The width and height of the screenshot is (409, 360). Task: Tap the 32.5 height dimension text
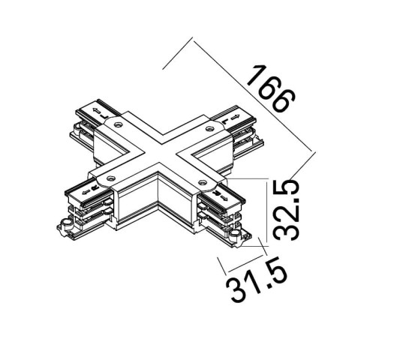[286, 209]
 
